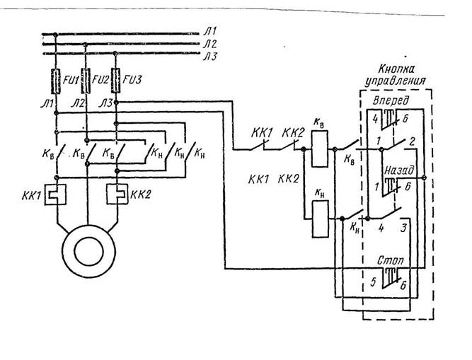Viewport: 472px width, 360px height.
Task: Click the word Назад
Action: tap(395, 171)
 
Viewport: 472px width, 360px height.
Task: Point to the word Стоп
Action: tap(390, 262)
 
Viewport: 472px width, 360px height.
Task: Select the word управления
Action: tap(393, 82)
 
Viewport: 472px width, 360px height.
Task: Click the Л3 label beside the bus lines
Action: tap(212, 56)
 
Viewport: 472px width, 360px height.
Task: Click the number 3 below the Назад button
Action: tap(405, 228)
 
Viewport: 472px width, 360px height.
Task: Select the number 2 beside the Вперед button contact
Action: tap(411, 142)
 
